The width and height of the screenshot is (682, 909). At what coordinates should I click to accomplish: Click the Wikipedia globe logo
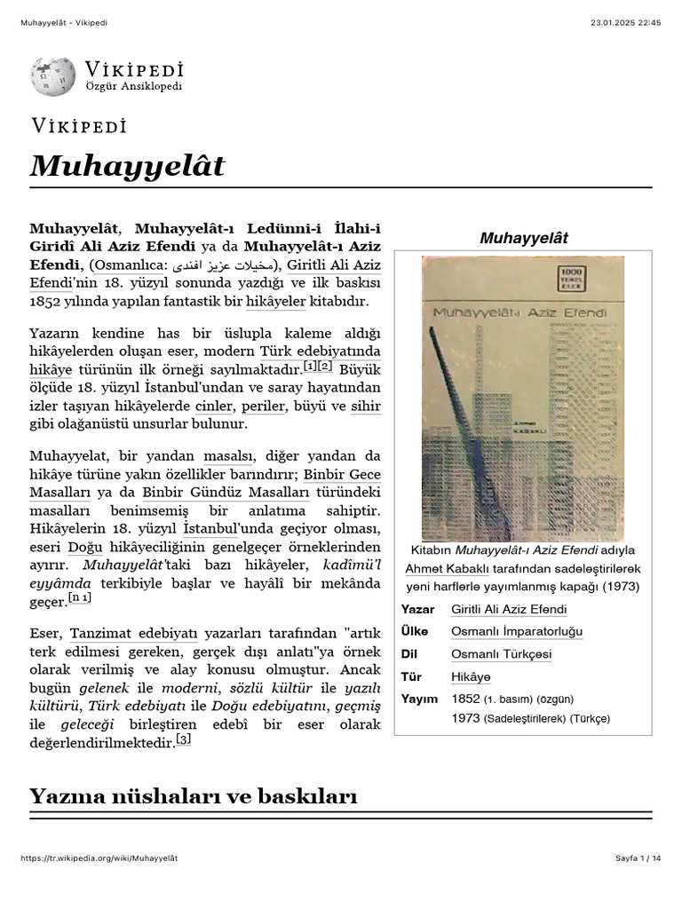point(52,76)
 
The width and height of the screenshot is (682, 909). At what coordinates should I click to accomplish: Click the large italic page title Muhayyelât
point(127,166)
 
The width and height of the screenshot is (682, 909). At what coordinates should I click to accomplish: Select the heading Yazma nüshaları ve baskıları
point(193,795)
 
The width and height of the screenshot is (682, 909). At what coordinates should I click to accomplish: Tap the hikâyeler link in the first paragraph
point(275,302)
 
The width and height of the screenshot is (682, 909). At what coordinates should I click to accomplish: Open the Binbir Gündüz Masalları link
point(226,492)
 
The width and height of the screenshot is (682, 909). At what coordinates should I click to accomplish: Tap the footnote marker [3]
point(183,739)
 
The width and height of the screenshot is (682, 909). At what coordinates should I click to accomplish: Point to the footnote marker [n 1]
point(81,600)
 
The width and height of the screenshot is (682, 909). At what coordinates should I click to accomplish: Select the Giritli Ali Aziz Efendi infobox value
point(509,609)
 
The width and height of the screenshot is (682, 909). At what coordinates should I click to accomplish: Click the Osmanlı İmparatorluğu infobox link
point(517,631)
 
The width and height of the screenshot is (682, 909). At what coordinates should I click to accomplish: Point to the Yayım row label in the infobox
point(419,699)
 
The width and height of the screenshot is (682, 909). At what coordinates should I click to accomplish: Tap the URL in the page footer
point(99,858)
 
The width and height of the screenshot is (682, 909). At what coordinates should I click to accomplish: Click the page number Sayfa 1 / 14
point(638,858)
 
